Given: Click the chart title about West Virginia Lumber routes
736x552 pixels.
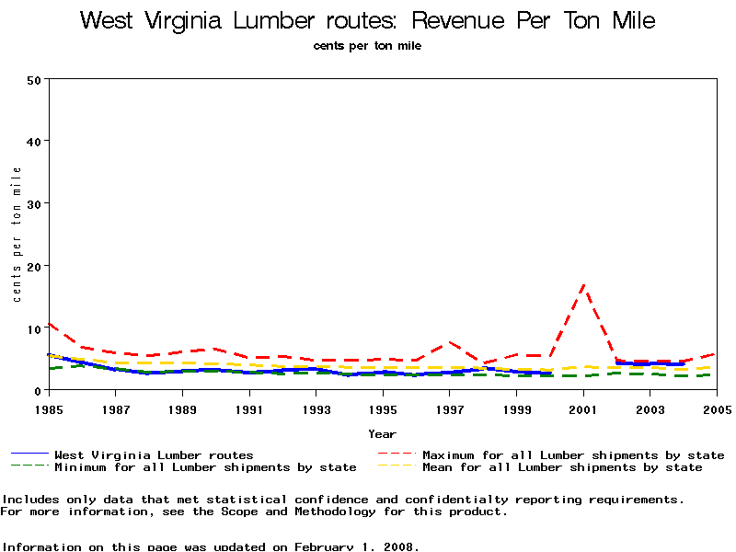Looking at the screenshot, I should click(367, 20).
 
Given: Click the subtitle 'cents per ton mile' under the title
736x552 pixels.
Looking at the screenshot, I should click(367, 45).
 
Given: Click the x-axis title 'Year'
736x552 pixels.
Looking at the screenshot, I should click(382, 433).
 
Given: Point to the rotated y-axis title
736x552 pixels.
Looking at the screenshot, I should click(17, 235).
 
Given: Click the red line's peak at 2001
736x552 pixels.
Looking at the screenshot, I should click(583, 286).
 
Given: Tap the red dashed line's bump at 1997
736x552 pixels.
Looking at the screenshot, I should click(450, 342).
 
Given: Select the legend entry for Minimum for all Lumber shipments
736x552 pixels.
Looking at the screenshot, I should click(205, 467).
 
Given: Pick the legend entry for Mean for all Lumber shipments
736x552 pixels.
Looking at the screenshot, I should click(561, 467).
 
